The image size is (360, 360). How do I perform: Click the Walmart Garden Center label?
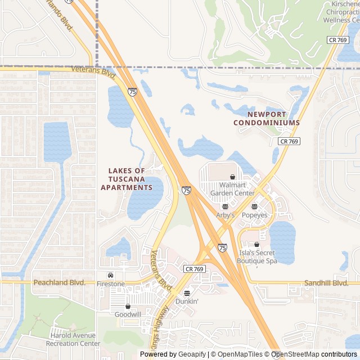point(232,189)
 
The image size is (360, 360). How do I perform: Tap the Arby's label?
point(225,215)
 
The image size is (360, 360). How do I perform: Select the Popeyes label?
point(254,215)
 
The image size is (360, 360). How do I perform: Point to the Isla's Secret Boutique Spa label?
point(257,257)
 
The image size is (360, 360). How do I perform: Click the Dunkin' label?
point(187,301)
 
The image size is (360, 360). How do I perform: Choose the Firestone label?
point(110,284)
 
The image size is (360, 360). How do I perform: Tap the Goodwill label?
point(128,315)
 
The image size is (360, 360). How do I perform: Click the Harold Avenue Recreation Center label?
point(74,340)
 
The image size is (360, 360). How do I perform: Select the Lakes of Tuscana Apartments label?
point(127,179)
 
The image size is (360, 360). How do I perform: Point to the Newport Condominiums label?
point(266,118)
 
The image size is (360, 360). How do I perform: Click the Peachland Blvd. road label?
point(60,282)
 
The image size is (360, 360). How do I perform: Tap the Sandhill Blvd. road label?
point(326,283)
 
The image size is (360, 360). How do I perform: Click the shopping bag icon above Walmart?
point(232,177)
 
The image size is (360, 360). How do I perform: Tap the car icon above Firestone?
point(110,276)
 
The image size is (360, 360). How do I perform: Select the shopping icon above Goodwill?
point(128,307)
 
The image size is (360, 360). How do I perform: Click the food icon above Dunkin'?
point(187,292)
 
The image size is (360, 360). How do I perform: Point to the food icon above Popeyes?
point(254,206)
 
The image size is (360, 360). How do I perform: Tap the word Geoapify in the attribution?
point(192,354)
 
